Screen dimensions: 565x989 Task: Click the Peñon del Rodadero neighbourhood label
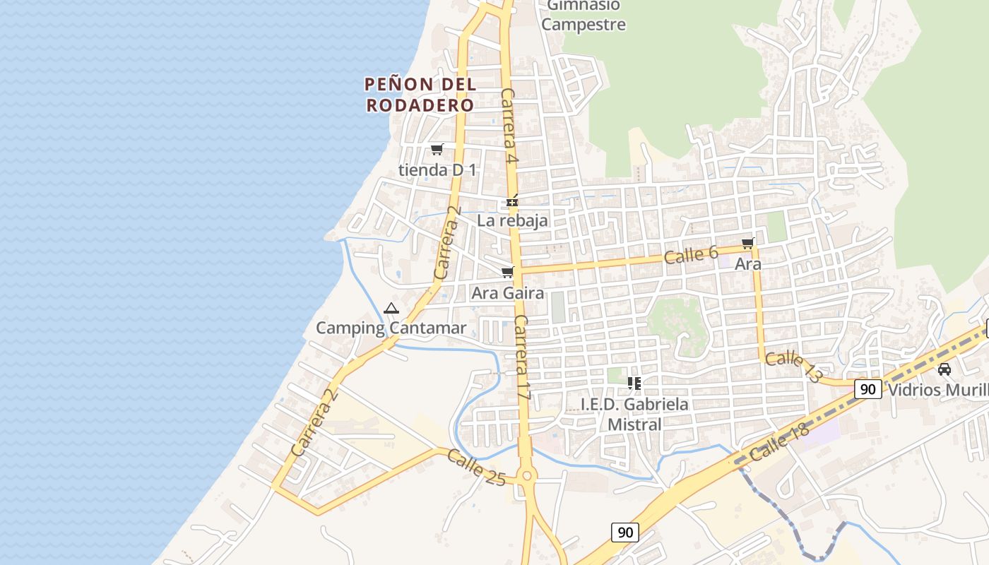[x=420, y=95]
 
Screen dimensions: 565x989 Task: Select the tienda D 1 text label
[x=437, y=170]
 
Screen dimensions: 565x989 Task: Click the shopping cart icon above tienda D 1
[x=437, y=149]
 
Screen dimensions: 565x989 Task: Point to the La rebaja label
[x=512, y=220]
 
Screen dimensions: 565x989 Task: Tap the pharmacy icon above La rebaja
[x=512, y=203]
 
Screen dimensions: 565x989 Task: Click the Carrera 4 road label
[x=509, y=127]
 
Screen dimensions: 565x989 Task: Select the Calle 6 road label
[x=691, y=255]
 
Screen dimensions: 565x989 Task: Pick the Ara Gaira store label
[x=508, y=292]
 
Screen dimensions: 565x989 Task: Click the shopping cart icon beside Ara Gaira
[x=507, y=273]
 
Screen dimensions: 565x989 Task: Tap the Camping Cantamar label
[x=391, y=328]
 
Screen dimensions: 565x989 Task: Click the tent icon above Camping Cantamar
[x=391, y=308]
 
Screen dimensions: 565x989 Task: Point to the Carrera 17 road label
[x=522, y=358]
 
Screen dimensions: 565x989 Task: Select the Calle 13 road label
[x=793, y=367]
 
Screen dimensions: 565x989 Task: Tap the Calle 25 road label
[x=476, y=468]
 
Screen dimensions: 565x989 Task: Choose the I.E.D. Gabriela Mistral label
[x=634, y=414]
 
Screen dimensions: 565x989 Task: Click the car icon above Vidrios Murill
[x=944, y=369]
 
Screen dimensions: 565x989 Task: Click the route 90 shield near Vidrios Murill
[x=868, y=388]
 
